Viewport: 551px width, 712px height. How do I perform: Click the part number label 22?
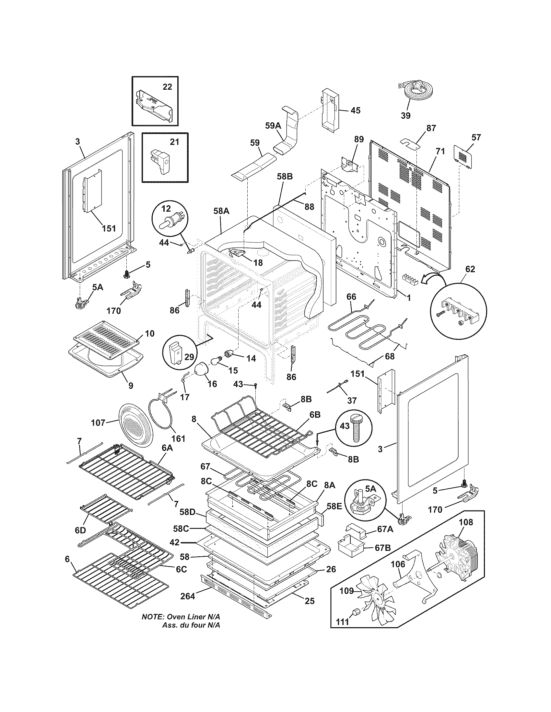pos(167,87)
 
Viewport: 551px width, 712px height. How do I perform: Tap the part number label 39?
pos(405,116)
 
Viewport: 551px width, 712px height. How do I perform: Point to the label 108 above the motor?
pos(465,522)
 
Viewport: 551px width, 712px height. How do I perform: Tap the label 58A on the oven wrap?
pos(221,211)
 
